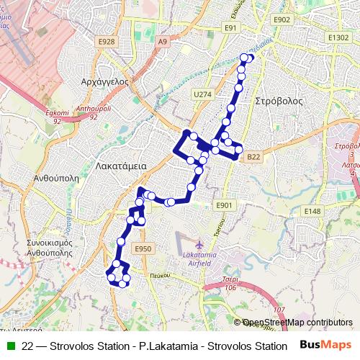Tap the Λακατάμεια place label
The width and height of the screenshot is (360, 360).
coord(121,166)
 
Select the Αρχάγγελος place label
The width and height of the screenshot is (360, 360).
coord(105,81)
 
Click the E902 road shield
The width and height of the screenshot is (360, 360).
coord(282,20)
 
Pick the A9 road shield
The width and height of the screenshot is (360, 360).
coord(162,42)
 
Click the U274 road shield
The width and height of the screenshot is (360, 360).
coord(202,94)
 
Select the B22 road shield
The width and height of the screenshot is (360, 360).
coord(253,156)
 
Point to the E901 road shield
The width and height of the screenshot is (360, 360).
coord(224,205)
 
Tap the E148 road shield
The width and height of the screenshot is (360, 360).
coord(312,211)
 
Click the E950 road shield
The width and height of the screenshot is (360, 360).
coord(143,248)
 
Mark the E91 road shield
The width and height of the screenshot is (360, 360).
coord(230,27)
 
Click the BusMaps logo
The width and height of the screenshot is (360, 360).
coord(325,345)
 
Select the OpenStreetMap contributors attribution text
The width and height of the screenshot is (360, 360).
coord(297,323)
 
